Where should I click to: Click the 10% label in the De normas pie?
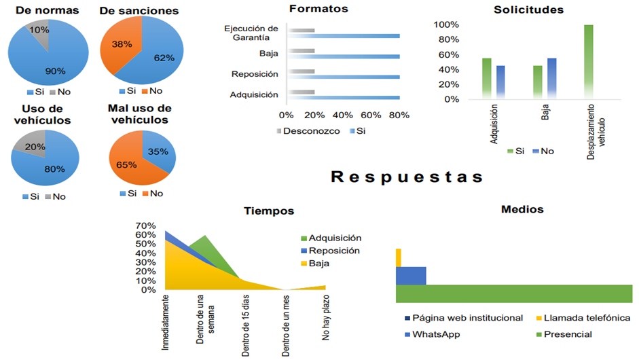tap(39, 31)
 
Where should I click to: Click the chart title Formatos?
tap(318, 10)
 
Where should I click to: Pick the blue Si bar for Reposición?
tap(343, 77)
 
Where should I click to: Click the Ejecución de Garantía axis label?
tap(251, 33)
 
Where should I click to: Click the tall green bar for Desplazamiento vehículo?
tap(588, 62)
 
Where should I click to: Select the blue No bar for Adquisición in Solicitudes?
tap(500, 82)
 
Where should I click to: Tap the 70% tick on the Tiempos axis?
tap(146, 226)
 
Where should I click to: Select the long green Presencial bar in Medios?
tap(513, 293)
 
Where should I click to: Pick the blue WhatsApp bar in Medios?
tap(411, 276)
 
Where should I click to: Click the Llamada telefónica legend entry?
tap(587, 318)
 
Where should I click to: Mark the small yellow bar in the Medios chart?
tap(399, 257)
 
